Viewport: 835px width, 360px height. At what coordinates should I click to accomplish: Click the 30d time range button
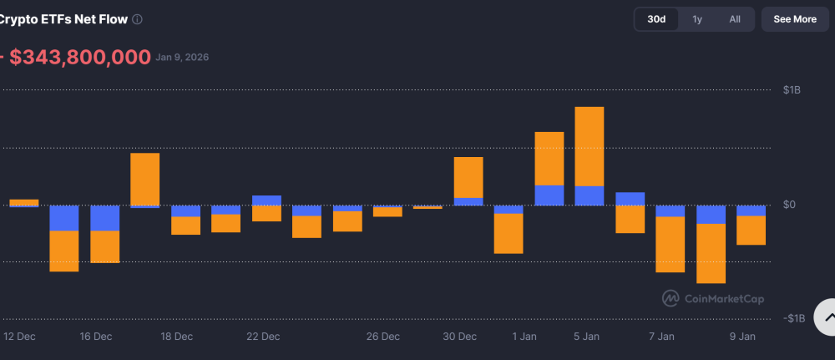[x=656, y=19]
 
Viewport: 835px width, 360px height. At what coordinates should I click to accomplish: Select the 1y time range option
[x=697, y=19]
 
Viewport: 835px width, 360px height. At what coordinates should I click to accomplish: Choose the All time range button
[x=735, y=19]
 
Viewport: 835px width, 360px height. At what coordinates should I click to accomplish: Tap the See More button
[x=795, y=19]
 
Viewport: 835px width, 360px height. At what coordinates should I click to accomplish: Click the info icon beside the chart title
[x=137, y=19]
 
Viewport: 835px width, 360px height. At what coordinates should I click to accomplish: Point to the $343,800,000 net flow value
[x=80, y=57]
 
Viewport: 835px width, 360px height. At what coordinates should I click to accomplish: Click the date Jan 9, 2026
[x=182, y=58]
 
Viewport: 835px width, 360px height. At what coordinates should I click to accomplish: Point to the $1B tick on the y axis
[x=793, y=90]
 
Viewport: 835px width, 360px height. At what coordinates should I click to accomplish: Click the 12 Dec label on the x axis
[x=20, y=337]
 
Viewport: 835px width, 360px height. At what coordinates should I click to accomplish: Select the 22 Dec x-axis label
[x=263, y=337]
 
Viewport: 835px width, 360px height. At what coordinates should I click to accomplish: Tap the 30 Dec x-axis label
[x=459, y=337]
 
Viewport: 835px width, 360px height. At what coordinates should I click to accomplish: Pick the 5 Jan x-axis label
[x=586, y=337]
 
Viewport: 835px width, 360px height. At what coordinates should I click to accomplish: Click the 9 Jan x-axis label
[x=742, y=337]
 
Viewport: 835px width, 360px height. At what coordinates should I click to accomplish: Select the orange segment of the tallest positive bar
[x=590, y=146]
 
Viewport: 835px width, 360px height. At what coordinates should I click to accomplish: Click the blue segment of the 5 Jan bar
[x=590, y=195]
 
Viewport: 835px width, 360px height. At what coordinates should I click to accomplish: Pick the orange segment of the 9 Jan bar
[x=751, y=231]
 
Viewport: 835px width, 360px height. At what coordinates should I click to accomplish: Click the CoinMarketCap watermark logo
[x=670, y=298]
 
